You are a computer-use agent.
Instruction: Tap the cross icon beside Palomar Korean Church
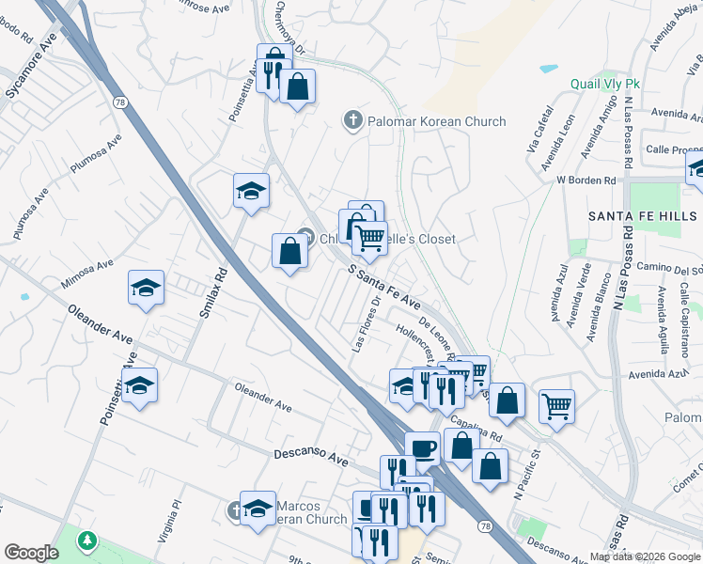pos(352,120)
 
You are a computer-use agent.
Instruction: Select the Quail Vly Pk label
pos(605,84)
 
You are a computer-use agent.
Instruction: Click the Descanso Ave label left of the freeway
pos(311,456)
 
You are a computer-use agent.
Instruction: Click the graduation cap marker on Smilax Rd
pos(251,190)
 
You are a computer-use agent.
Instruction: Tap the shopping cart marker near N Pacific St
pos(556,406)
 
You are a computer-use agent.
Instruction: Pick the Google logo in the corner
pos(31,553)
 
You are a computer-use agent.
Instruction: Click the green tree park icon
pos(86,540)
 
